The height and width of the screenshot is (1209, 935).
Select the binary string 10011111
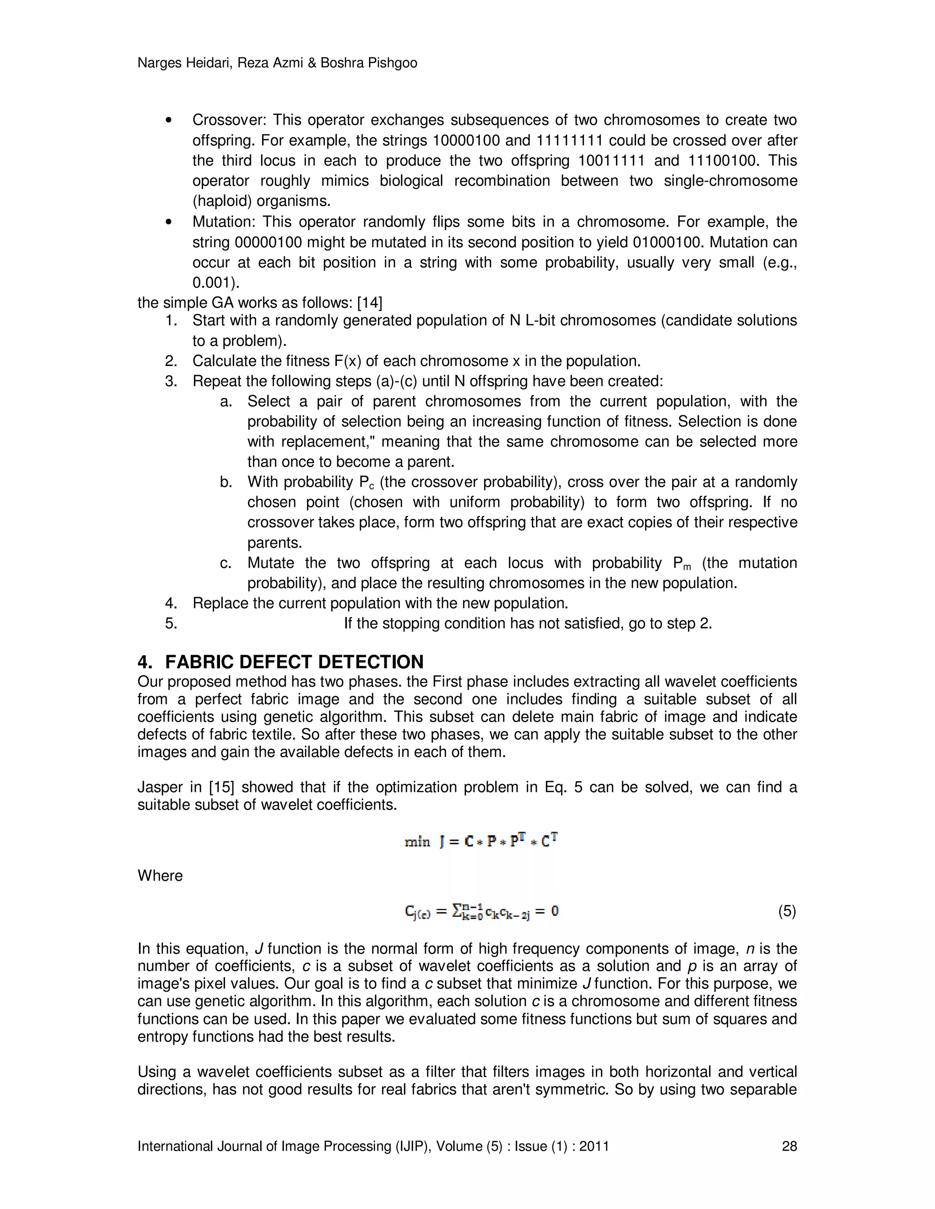click(611, 161)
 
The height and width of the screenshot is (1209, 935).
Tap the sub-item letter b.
click(225, 482)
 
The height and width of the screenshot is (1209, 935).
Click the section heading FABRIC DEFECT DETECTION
click(294, 662)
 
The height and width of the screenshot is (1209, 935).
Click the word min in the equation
click(417, 842)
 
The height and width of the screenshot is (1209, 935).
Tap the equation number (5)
click(787, 911)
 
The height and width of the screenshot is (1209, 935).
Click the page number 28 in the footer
click(789, 1146)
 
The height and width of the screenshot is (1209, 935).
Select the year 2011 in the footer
click(594, 1146)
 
